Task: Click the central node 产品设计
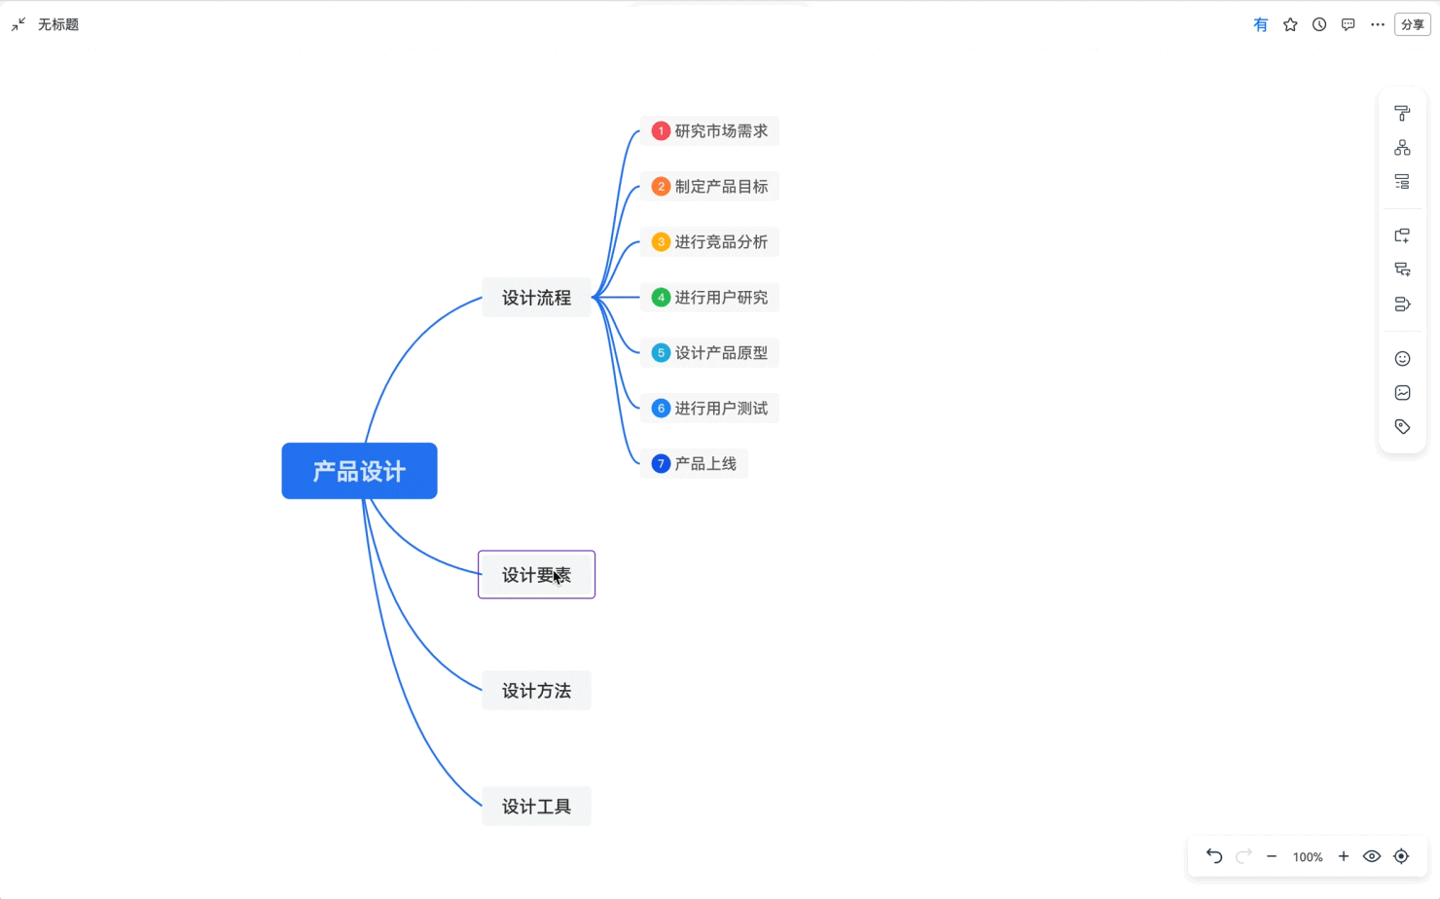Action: [x=359, y=471]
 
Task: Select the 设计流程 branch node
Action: [x=536, y=297]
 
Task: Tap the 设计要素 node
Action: [x=536, y=574]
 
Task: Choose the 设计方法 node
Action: [x=536, y=690]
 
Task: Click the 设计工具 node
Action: [x=536, y=806]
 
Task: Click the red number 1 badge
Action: [x=661, y=131]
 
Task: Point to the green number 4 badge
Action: [x=661, y=297]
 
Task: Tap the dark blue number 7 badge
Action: [x=661, y=464]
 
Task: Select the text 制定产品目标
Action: [x=721, y=187]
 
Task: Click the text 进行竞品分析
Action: [x=721, y=242]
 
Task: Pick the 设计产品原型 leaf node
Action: [x=709, y=352]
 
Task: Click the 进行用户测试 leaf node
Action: [x=709, y=409]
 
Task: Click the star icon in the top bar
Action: [x=1290, y=24]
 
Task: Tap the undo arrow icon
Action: [x=1213, y=856]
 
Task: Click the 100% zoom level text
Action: [x=1308, y=857]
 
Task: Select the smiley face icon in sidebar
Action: [x=1403, y=358]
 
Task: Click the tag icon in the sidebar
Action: [x=1403, y=426]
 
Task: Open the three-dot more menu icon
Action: [x=1378, y=24]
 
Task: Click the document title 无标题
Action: [x=58, y=24]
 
